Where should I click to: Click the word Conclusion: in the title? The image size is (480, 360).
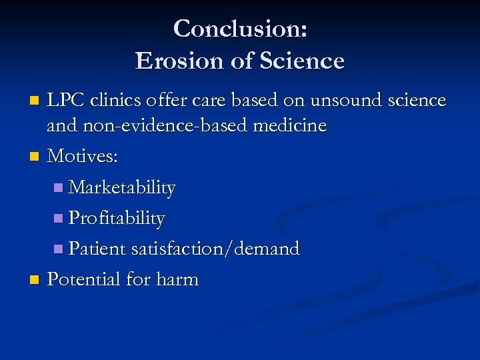(x=240, y=29)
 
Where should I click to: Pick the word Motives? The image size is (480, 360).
(x=83, y=157)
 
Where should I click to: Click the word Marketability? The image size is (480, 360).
(x=122, y=188)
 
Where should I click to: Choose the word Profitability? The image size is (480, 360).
(x=117, y=218)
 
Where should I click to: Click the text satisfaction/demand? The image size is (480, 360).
(x=215, y=249)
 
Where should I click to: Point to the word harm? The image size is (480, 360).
(x=177, y=279)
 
